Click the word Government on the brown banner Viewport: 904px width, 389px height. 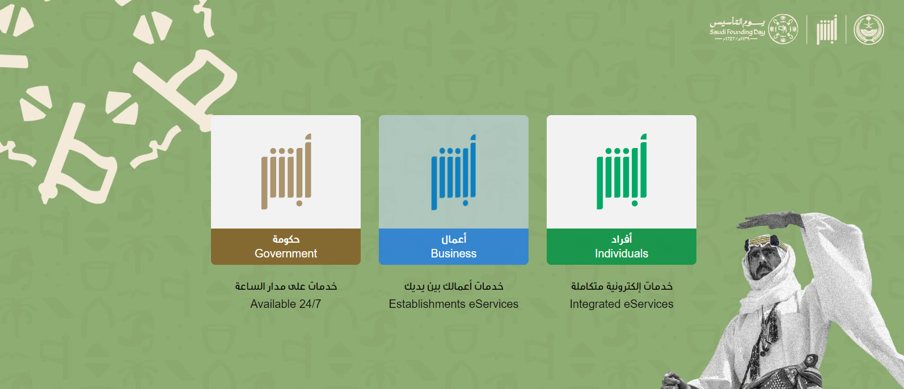(286, 253)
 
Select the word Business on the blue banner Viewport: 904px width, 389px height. (454, 253)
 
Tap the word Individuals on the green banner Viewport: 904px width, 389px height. (622, 253)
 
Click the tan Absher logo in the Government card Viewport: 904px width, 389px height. (286, 171)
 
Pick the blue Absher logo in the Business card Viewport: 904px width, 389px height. (454, 172)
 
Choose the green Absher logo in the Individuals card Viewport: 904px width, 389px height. (622, 171)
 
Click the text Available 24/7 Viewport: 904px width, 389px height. (286, 304)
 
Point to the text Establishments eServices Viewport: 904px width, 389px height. (454, 304)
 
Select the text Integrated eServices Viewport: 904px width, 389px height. (622, 305)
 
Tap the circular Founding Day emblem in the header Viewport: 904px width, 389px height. (783, 29)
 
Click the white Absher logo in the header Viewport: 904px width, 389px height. (827, 29)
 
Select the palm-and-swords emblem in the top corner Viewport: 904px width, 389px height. (869, 29)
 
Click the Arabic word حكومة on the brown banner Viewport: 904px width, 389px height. (286, 239)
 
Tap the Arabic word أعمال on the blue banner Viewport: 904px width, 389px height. (454, 239)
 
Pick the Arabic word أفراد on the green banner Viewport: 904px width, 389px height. (622, 239)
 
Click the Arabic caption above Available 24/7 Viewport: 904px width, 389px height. (286, 286)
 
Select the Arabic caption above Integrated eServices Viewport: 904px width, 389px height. (622, 286)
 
